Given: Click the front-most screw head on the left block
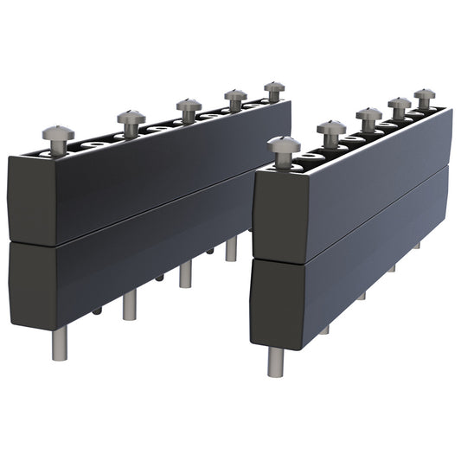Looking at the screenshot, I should pyautogui.click(x=58, y=134).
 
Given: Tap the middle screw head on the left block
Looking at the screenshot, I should pyautogui.click(x=189, y=105).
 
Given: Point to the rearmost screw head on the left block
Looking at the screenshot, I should pyautogui.click(x=274, y=87).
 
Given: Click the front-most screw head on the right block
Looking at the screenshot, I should pyautogui.click(x=284, y=144).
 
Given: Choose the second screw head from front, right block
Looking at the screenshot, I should pyautogui.click(x=331, y=127).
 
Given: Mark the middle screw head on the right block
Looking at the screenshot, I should pyautogui.click(x=368, y=114).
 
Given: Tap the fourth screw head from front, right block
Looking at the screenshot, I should pyautogui.click(x=399, y=104).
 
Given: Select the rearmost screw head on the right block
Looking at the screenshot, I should pyautogui.click(x=424, y=94).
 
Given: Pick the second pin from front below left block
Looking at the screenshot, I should pyautogui.click(x=130, y=304).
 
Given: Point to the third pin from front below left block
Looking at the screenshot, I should pyautogui.click(x=186, y=274).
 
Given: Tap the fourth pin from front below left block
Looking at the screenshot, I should pyautogui.click(x=231, y=249).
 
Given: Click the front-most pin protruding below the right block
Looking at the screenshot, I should pyautogui.click(x=275, y=361).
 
